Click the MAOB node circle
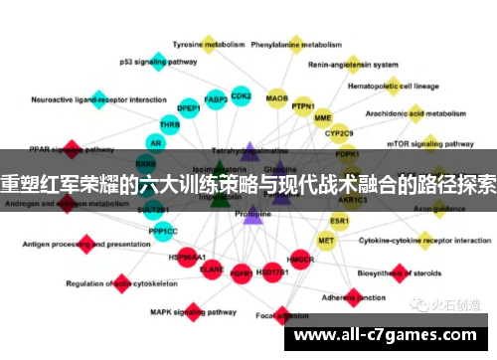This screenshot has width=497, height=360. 277,99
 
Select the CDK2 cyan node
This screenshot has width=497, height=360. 241,96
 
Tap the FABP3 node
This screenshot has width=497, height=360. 215,99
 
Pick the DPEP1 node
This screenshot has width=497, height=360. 189,107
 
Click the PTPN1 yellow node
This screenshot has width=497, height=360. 303,106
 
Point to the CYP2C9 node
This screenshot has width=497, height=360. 339,133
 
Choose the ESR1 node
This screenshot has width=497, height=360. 340,220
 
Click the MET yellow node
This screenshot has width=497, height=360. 326,240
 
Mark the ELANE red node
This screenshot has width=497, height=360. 212,269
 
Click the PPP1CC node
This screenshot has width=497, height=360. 164,231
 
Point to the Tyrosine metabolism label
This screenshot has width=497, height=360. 209,45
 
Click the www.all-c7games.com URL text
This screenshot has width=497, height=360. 394,336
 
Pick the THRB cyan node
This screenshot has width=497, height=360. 170,125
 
